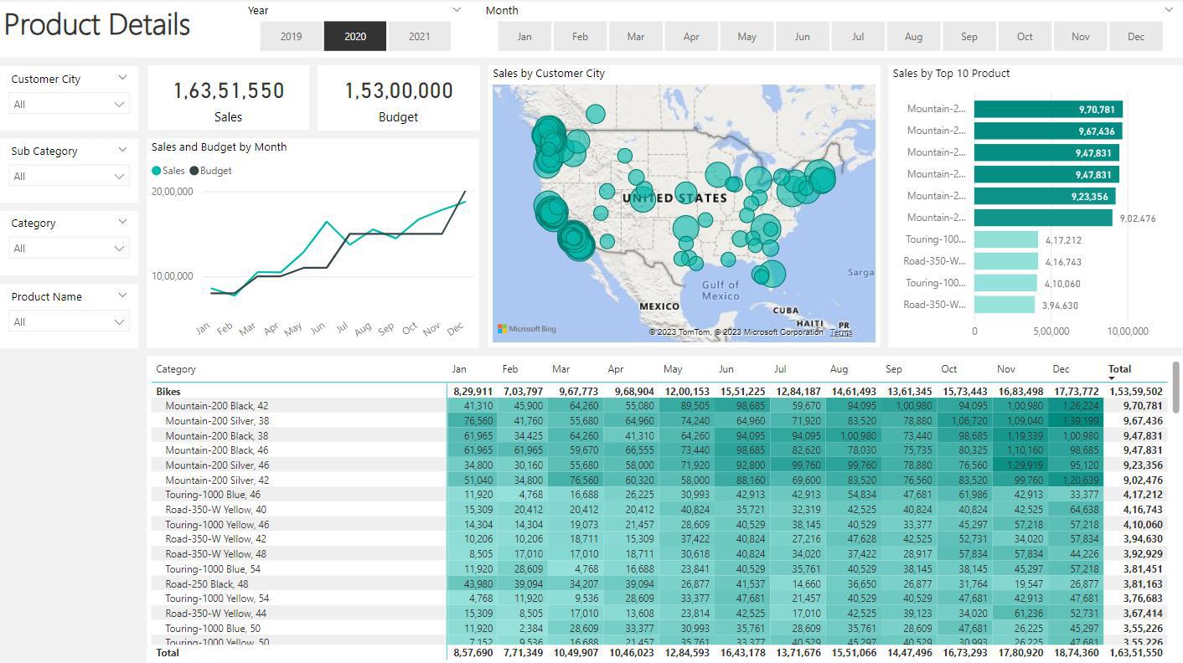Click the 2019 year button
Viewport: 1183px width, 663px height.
pyautogui.click(x=291, y=37)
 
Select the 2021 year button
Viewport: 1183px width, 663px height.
pyautogui.click(x=420, y=37)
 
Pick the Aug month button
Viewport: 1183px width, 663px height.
pyautogui.click(x=913, y=37)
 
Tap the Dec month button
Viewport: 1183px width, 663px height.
pyautogui.click(x=1136, y=37)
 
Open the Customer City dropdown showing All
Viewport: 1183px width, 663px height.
pyautogui.click(x=69, y=105)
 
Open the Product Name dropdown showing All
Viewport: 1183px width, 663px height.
pyautogui.click(x=69, y=322)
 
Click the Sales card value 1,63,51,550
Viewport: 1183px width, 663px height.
pyautogui.click(x=229, y=90)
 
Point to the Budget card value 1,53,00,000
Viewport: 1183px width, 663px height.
pyautogui.click(x=399, y=90)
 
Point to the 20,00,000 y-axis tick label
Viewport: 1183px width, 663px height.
pyautogui.click(x=173, y=192)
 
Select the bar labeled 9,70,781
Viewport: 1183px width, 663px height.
pyautogui.click(x=1047, y=110)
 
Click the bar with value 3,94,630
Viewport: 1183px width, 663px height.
pyautogui.click(x=1005, y=306)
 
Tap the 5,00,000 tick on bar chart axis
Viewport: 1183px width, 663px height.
pyautogui.click(x=1051, y=331)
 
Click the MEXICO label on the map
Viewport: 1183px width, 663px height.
pyautogui.click(x=659, y=306)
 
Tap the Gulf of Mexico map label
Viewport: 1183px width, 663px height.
pyautogui.click(x=721, y=290)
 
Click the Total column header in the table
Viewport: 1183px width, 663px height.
pyautogui.click(x=1119, y=369)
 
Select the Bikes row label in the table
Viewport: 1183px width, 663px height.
pyautogui.click(x=168, y=392)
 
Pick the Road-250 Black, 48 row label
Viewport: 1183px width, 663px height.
pyautogui.click(x=207, y=584)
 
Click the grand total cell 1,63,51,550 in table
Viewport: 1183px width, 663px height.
pyautogui.click(x=1136, y=653)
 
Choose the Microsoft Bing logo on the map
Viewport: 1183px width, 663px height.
pyautogui.click(x=527, y=330)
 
